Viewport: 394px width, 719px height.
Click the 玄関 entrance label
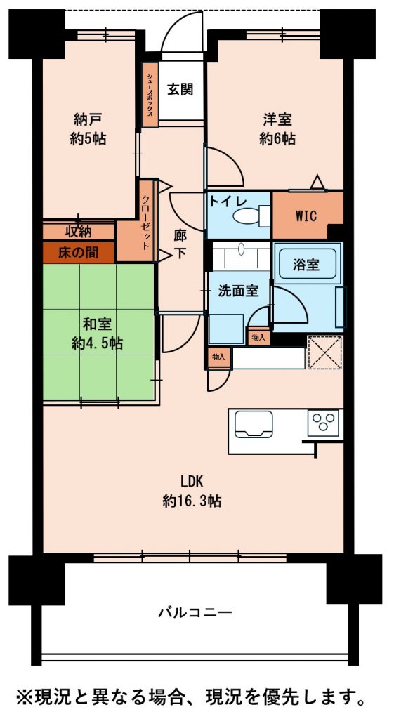[180, 90]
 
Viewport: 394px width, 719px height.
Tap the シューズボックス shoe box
[150, 95]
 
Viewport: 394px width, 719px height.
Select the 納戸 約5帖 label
[88, 129]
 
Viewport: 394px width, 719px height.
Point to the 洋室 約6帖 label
[277, 129]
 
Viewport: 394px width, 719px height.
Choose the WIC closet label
[306, 216]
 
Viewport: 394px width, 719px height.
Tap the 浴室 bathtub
[306, 265]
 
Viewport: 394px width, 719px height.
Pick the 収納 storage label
[78, 232]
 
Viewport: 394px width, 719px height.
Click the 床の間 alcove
[78, 251]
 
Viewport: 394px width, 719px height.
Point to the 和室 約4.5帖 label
[97, 334]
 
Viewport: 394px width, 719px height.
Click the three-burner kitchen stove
[324, 422]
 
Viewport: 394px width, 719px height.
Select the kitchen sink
[254, 424]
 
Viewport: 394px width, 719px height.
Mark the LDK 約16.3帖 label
[192, 491]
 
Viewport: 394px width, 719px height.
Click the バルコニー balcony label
[194, 612]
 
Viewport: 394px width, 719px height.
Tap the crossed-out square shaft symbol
[325, 352]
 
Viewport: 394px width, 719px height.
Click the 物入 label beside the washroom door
[258, 338]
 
